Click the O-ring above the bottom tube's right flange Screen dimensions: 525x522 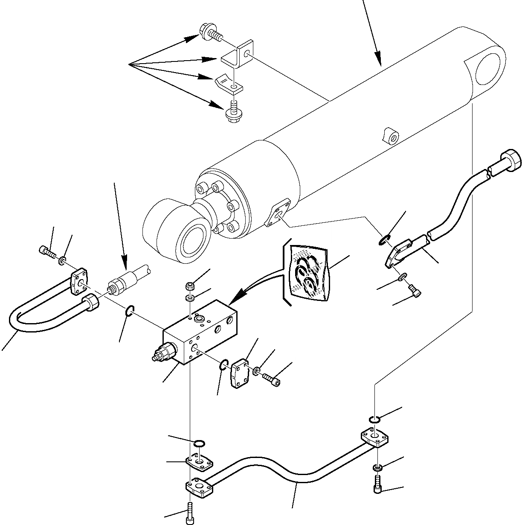(x=374, y=421)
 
